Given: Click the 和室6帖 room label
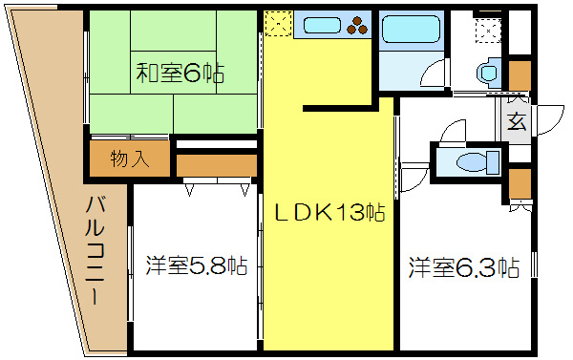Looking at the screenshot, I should click(172, 74).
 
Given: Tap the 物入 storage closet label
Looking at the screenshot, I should click(130, 159).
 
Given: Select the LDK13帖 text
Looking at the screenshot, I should click(329, 214).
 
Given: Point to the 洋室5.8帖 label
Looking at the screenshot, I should click(196, 265).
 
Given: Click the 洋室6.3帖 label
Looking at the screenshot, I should click(464, 266).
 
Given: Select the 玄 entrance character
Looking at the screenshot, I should click(517, 122).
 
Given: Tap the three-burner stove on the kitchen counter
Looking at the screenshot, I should click(355, 24).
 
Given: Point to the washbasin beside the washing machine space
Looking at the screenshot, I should click(489, 72).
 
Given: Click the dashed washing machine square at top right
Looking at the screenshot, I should click(488, 30).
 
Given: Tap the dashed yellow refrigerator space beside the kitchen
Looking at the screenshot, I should click(278, 25).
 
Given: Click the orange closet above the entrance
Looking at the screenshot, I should click(520, 74).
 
